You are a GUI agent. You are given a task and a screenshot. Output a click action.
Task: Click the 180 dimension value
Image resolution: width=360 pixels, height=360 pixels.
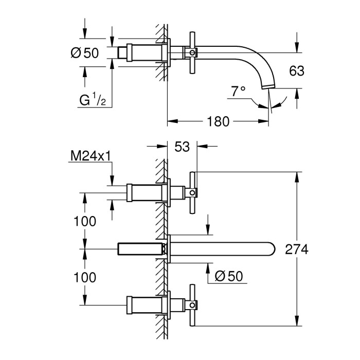pyautogui.click(x=218, y=121)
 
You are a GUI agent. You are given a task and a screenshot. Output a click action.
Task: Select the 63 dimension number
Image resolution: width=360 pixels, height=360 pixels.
pyautogui.click(x=297, y=71)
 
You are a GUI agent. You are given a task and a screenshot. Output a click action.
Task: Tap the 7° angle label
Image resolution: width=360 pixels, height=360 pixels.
pyautogui.click(x=238, y=91)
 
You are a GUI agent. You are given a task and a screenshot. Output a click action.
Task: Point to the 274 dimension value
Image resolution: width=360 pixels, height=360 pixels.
pyautogui.click(x=297, y=249)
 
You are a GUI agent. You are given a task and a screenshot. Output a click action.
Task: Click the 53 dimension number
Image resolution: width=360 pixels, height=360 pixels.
pyautogui.click(x=182, y=147)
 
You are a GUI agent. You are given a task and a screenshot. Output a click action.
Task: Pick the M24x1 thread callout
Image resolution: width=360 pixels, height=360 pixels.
pyautogui.click(x=91, y=156)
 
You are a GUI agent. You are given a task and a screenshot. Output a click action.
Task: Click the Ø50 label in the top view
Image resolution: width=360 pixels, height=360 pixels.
pyautogui.click(x=85, y=53)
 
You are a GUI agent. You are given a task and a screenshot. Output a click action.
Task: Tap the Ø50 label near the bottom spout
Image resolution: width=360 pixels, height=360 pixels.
pyautogui.click(x=229, y=276)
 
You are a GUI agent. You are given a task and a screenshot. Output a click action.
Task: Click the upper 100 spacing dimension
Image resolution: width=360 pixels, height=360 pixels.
pyautogui.click(x=85, y=221)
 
